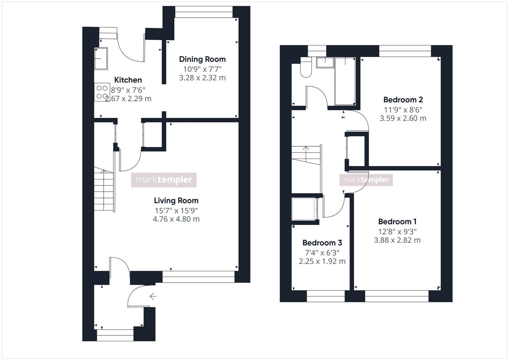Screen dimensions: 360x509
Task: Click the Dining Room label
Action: pyautogui.click(x=202, y=59)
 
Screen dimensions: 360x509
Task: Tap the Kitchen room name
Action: pyautogui.click(x=128, y=80)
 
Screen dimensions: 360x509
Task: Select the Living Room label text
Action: pyautogui.click(x=176, y=201)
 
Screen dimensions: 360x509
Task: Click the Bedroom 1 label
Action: pyautogui.click(x=397, y=222)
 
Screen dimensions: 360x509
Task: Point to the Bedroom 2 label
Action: pyautogui.click(x=403, y=100)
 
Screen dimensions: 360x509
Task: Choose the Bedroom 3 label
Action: pyautogui.click(x=322, y=243)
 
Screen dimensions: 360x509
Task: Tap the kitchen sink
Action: pyautogui.click(x=101, y=59)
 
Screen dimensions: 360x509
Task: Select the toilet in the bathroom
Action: pyautogui.click(x=305, y=68)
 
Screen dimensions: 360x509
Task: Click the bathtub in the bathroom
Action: pyautogui.click(x=345, y=81)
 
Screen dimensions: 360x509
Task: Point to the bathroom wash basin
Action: pyautogui.click(x=325, y=62)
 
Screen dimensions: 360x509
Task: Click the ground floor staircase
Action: pyautogui.click(x=104, y=190)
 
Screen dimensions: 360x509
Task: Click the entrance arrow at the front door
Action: pyautogui.click(x=153, y=296)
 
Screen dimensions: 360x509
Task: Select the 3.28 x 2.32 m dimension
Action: pyautogui.click(x=202, y=78)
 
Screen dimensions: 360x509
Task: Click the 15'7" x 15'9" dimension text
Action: pyautogui.click(x=176, y=211)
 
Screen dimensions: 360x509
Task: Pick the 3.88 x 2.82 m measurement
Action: pyautogui.click(x=397, y=240)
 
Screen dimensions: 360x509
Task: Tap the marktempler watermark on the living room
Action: pyautogui.click(x=164, y=180)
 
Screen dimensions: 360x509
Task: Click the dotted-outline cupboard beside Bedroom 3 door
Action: pyautogui.click(x=303, y=209)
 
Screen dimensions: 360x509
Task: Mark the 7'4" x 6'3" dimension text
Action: pyautogui.click(x=322, y=253)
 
